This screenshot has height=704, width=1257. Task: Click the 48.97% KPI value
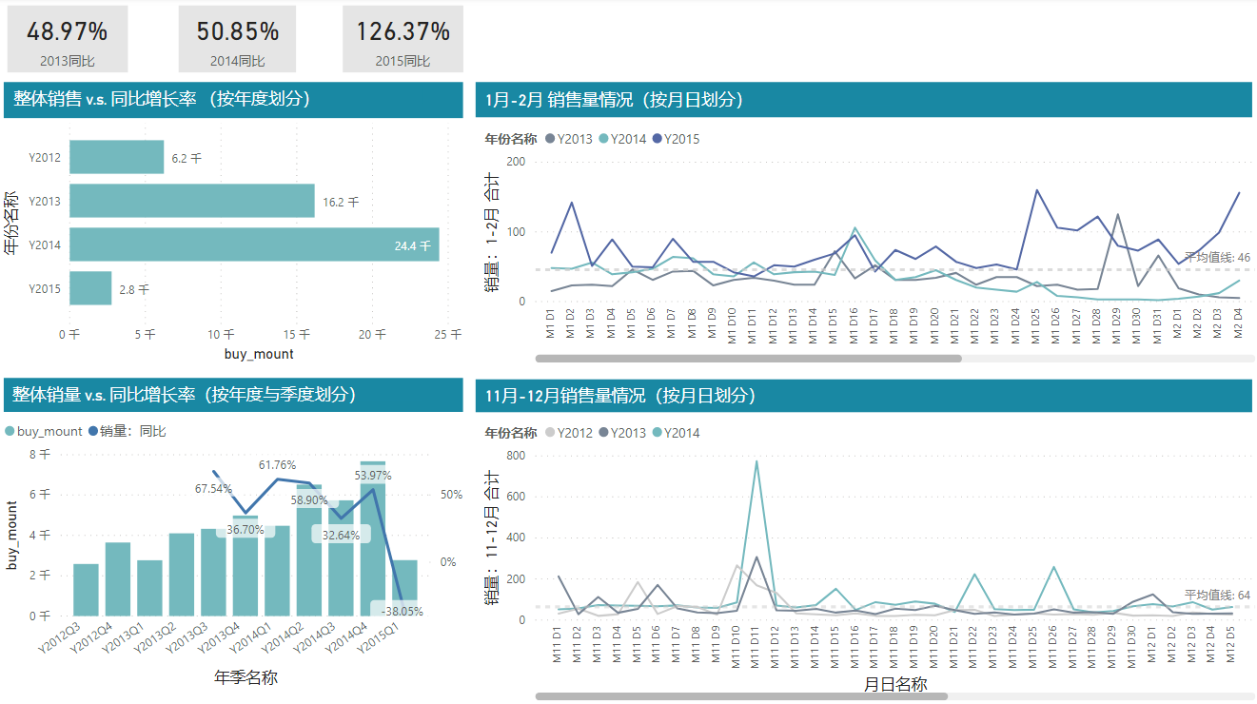pyautogui.click(x=67, y=31)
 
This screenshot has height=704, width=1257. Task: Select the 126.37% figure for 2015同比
pyautogui.click(x=403, y=31)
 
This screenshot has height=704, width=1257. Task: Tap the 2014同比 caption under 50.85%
pyautogui.click(x=237, y=61)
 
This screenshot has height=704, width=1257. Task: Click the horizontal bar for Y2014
pyautogui.click(x=254, y=244)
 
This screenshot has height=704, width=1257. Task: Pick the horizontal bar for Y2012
pyautogui.click(x=116, y=157)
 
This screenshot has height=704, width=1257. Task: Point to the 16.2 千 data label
pyautogui.click(x=341, y=202)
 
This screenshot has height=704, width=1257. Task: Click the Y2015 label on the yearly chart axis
pyautogui.click(x=45, y=288)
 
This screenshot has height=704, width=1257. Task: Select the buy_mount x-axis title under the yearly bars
pyautogui.click(x=259, y=354)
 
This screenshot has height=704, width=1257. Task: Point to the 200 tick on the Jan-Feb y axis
pyautogui.click(x=515, y=162)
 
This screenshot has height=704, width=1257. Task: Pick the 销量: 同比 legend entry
pyautogui.click(x=128, y=431)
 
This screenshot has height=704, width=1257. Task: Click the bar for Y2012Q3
pyautogui.click(x=86, y=590)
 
